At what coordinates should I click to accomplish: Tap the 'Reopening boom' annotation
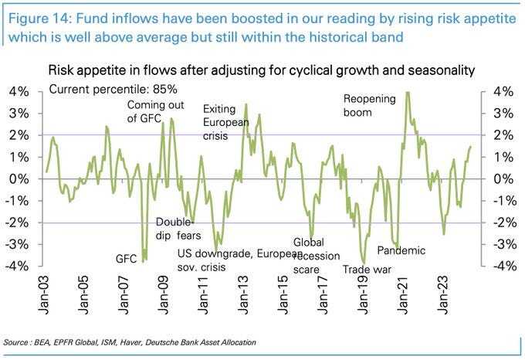click(x=369, y=106)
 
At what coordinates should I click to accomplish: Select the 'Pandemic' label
click(x=401, y=250)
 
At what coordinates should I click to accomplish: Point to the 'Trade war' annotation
click(x=368, y=270)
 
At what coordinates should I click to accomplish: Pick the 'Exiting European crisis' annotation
click(x=224, y=123)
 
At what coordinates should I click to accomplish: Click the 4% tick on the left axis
click(x=19, y=92)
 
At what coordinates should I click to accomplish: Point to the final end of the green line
click(x=470, y=147)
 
